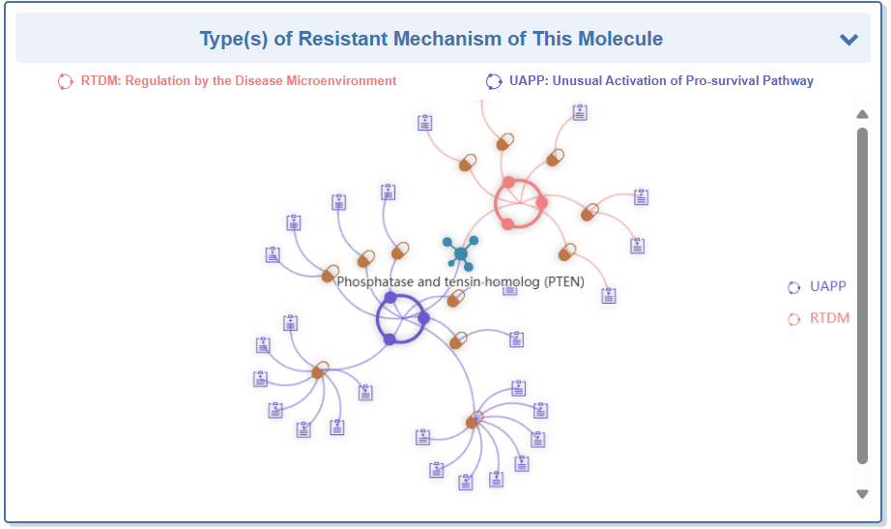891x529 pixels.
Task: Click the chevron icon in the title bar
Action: coord(848,40)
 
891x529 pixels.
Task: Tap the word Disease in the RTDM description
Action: coord(259,81)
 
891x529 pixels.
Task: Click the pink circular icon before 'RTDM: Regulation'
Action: coord(65,81)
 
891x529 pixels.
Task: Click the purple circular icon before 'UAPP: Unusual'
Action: coord(494,81)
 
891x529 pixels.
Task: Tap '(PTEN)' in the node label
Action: coord(563,281)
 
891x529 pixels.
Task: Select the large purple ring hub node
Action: coord(400,319)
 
